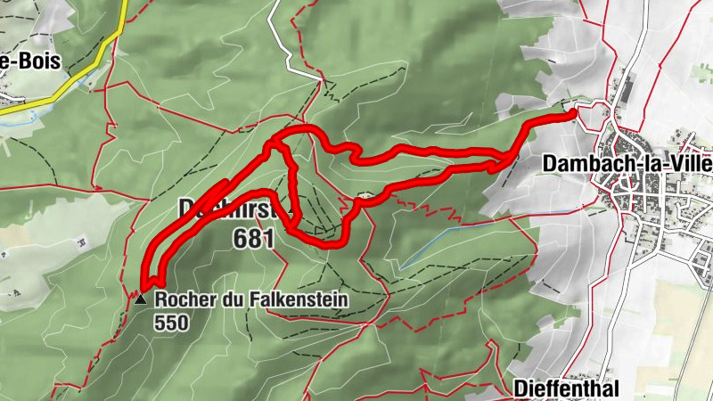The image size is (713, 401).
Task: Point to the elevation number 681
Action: pos(254,238)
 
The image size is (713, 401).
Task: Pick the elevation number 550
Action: pos(171,323)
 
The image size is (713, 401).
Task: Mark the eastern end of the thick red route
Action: pos(570,111)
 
